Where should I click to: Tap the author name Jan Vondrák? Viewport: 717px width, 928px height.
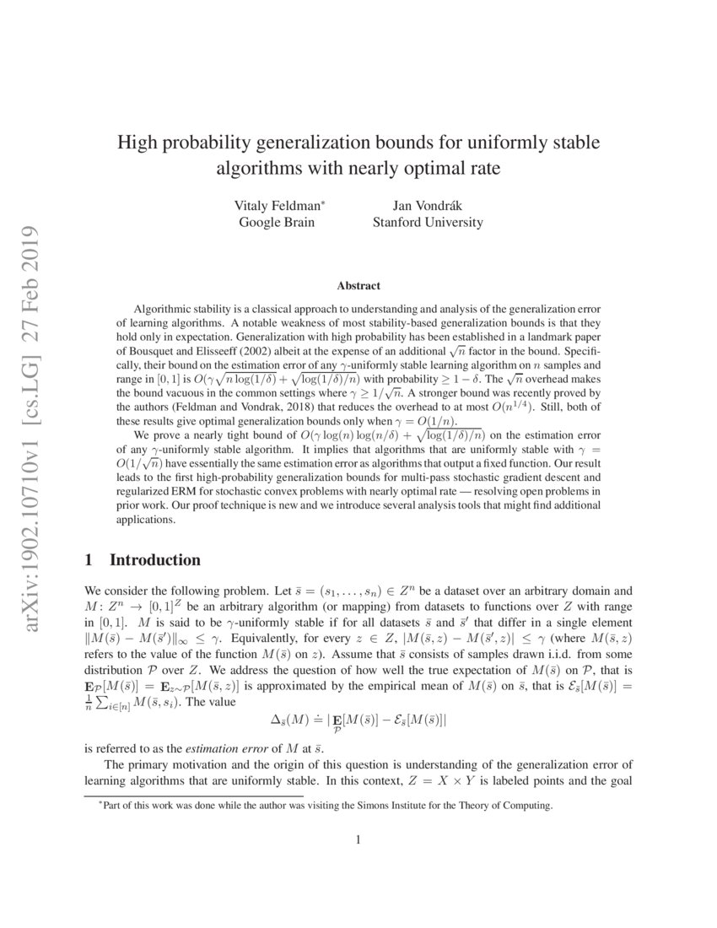click(x=427, y=205)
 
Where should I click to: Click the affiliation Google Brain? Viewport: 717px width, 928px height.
click(x=276, y=223)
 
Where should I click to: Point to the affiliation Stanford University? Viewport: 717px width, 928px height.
click(x=428, y=223)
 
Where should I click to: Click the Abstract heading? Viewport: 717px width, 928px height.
click(x=358, y=286)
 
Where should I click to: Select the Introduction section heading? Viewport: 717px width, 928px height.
click(x=155, y=560)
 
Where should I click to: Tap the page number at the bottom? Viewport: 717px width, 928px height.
click(x=358, y=839)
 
